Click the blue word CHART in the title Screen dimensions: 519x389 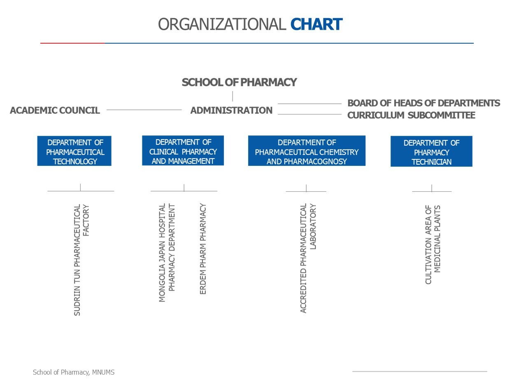click(316, 24)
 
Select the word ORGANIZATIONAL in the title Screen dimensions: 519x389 click(222, 24)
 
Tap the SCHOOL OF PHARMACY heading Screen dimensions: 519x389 click(239, 82)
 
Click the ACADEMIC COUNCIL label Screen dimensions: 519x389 click(55, 110)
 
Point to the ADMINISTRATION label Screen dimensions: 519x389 click(231, 110)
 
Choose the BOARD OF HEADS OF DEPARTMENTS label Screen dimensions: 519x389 click(424, 103)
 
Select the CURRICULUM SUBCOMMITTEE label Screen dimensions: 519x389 click(411, 115)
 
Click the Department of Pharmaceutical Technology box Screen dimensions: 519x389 click(74, 151)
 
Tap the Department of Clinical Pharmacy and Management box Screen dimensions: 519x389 click(183, 150)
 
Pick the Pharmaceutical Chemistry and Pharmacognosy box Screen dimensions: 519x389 click(307, 151)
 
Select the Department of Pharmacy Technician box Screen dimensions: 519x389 click(431, 151)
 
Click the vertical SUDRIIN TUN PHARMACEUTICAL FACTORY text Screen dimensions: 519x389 click(81, 260)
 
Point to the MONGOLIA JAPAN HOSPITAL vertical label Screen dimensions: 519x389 click(167, 253)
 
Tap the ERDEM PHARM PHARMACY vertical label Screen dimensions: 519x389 click(203, 249)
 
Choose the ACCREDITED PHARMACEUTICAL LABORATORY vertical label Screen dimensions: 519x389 click(308, 258)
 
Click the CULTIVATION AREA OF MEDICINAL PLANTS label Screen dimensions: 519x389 click(433, 245)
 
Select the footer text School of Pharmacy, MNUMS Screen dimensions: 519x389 click(74, 373)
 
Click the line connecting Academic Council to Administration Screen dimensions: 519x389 click(144, 110)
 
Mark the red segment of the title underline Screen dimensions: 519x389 click(72, 43)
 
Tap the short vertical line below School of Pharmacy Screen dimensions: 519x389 click(233, 96)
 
